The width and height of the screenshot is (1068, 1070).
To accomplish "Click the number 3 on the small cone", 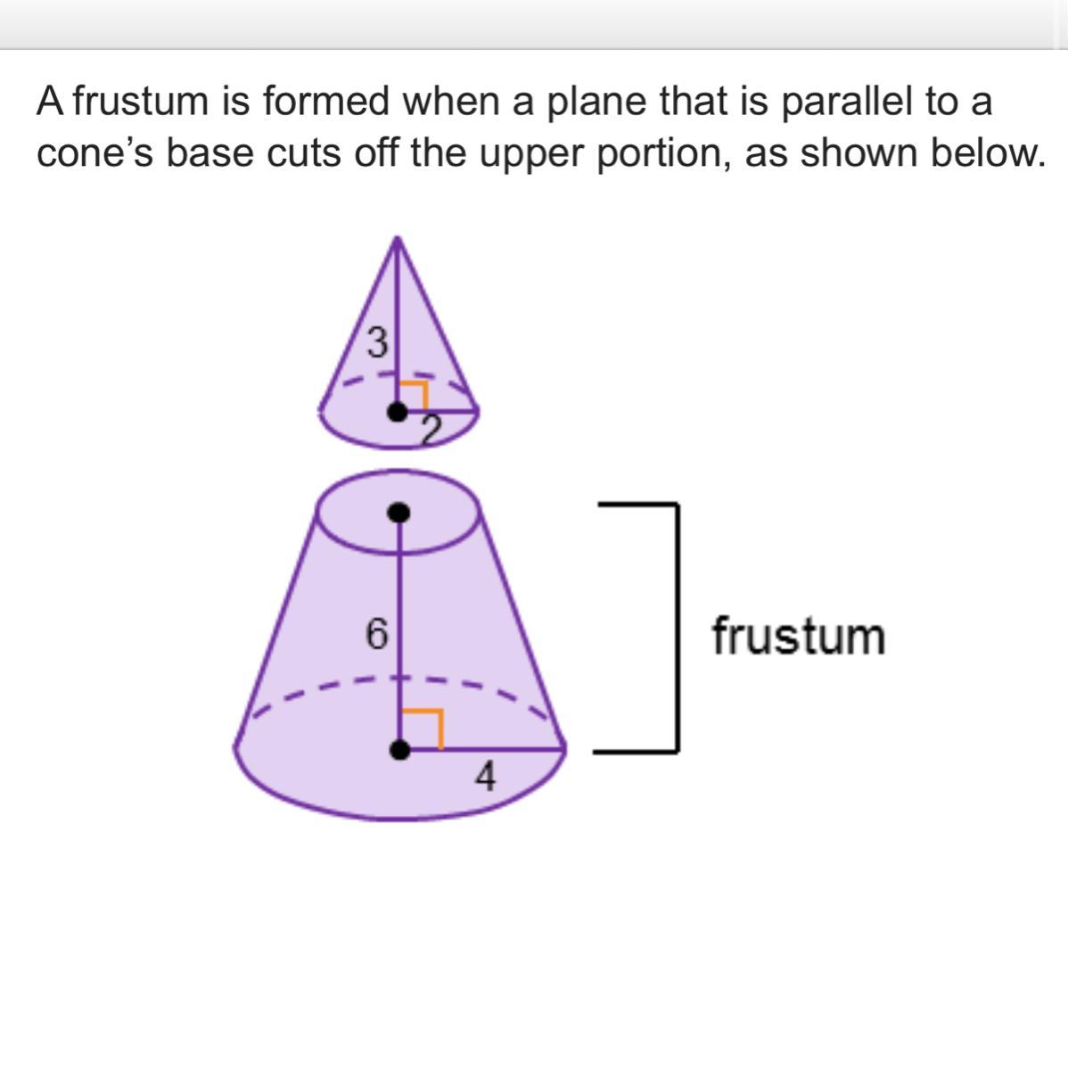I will tap(378, 342).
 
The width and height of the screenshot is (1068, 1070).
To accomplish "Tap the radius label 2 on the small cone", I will tap(431, 432).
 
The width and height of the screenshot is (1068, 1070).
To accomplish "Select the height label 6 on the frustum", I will tap(377, 635).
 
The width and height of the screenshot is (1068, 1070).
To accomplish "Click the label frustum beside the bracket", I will tap(798, 637).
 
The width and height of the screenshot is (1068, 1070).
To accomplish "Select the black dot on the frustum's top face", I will tap(400, 512).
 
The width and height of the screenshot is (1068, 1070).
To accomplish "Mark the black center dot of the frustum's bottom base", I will tap(401, 750).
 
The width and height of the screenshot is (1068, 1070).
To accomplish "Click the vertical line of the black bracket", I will tap(678, 628).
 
